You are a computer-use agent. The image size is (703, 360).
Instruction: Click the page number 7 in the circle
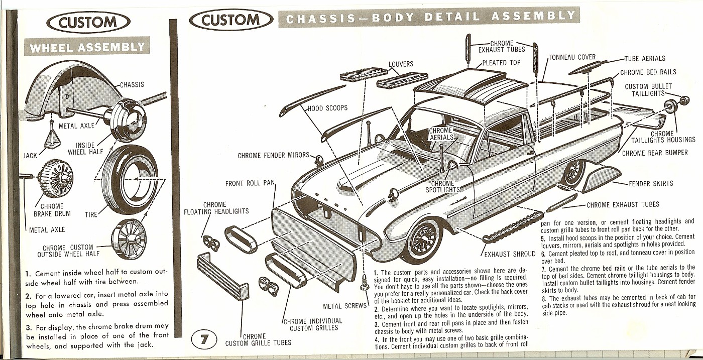[x=204, y=340]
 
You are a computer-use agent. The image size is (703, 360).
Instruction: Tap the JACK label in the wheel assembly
[x=30, y=156]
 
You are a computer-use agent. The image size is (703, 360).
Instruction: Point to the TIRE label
[x=91, y=214]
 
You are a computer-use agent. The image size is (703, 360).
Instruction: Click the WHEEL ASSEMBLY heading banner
[x=87, y=48]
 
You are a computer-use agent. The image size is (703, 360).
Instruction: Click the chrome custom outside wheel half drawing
[x=129, y=235]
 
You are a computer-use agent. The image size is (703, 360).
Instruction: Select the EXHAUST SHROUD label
[x=509, y=255]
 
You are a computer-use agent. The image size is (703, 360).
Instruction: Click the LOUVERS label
[x=401, y=64]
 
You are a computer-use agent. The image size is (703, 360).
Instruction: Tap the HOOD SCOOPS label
[x=327, y=108]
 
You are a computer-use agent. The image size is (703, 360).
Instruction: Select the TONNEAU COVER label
[x=572, y=57]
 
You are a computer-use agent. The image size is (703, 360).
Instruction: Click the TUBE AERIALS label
[x=645, y=59]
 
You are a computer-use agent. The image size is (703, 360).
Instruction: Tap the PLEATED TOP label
[x=501, y=63]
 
